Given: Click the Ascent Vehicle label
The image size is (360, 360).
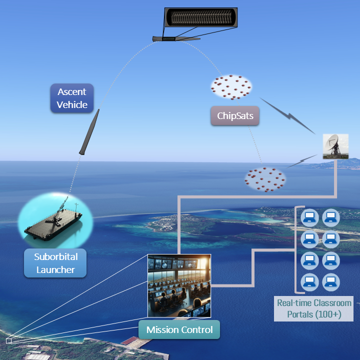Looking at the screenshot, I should tap(71, 98).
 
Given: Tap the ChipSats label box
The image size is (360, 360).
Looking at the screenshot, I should tap(234, 116).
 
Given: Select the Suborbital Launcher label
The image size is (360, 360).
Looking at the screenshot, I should tap(55, 263).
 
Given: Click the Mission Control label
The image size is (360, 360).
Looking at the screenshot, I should tap(179, 330).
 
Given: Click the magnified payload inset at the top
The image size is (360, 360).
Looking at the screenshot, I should tap(201, 19).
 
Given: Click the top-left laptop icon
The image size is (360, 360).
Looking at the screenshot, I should tap(309, 217).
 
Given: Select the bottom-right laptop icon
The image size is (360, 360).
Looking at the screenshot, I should tap(331, 281).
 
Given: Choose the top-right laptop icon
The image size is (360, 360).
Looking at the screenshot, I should tap(331, 217).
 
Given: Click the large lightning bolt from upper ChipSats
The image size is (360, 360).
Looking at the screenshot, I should tap(287, 115).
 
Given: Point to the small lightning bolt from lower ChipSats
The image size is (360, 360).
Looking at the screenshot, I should tap(302, 161).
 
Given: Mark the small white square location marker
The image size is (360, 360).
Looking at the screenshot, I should tap(8, 340).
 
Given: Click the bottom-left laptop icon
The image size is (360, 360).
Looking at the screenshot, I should tap(309, 281).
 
